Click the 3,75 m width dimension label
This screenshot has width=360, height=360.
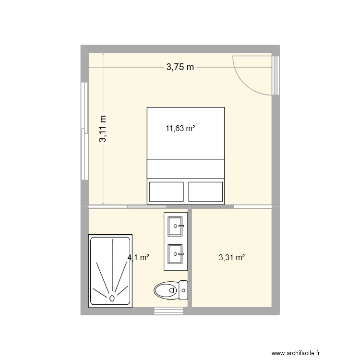pyautogui.click(x=180, y=68)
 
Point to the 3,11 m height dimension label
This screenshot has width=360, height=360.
pyautogui.click(x=103, y=129)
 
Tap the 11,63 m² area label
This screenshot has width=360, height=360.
pyautogui.click(x=180, y=128)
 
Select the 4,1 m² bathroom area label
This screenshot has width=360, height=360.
pyautogui.click(x=138, y=257)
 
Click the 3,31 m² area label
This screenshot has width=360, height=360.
pyautogui.click(x=232, y=257)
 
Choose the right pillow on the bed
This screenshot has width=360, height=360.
pyautogui.click(x=205, y=192)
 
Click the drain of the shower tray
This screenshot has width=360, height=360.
pyautogui.click(x=112, y=298)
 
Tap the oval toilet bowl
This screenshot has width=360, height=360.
pyautogui.click(x=166, y=289)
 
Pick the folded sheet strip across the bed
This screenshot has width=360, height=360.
pyautogui.click(x=185, y=168)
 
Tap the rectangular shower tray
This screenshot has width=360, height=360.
pyautogui.click(x=110, y=270)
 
